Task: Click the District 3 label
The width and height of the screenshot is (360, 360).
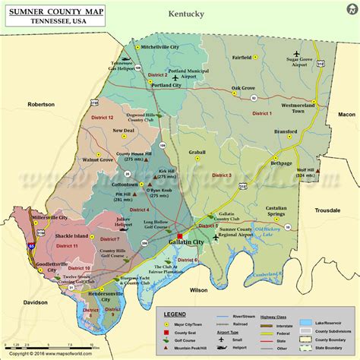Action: click(221, 175)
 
